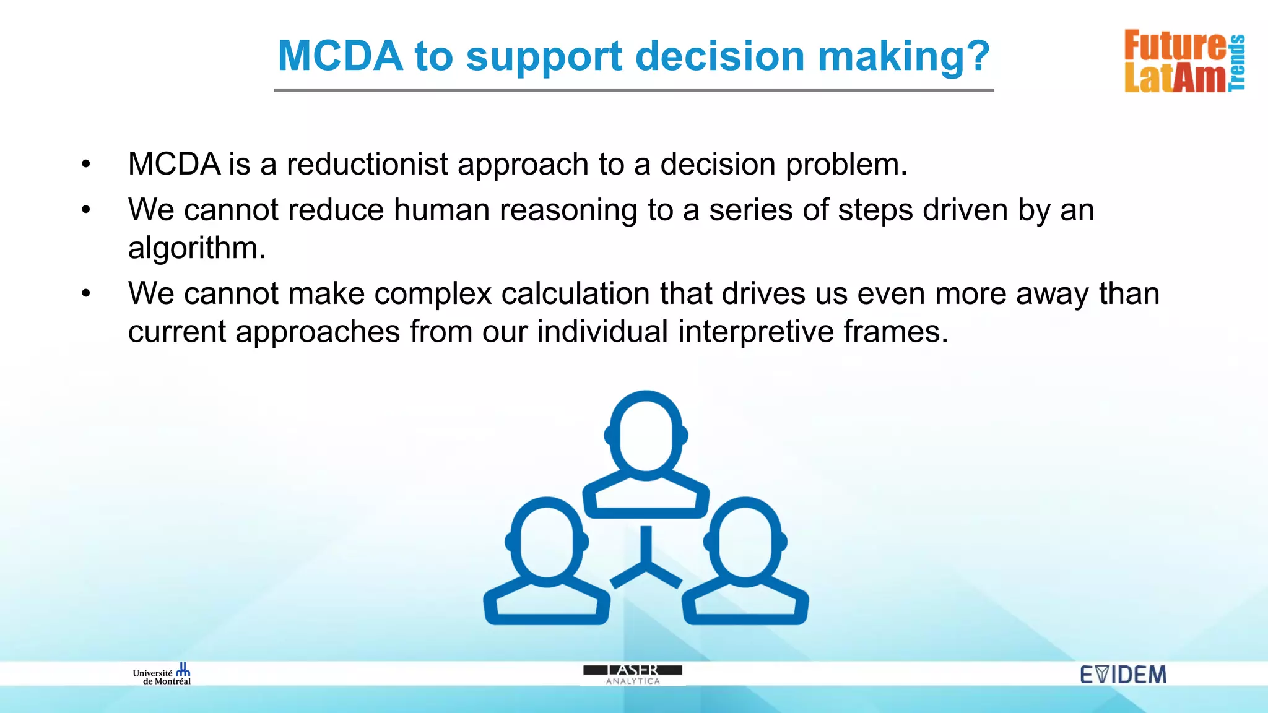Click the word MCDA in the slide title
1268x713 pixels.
coord(340,56)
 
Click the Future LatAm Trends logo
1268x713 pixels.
coord(1184,61)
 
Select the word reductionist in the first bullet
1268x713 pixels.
coord(367,165)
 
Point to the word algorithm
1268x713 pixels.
coord(196,249)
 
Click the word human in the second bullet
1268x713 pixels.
coord(441,210)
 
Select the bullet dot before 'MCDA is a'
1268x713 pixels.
coord(86,165)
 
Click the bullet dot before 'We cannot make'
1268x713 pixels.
coord(86,293)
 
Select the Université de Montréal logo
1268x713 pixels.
coord(162,674)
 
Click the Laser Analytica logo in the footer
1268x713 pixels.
coord(633,675)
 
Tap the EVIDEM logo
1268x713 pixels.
coord(1123,675)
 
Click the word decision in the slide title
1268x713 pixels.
coord(720,56)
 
